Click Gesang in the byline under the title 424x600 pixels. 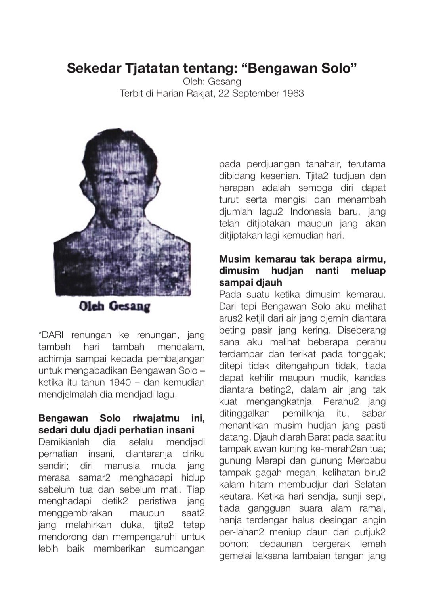click(227, 82)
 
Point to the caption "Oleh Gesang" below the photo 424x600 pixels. click(115, 306)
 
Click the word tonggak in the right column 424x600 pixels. click(367, 354)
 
